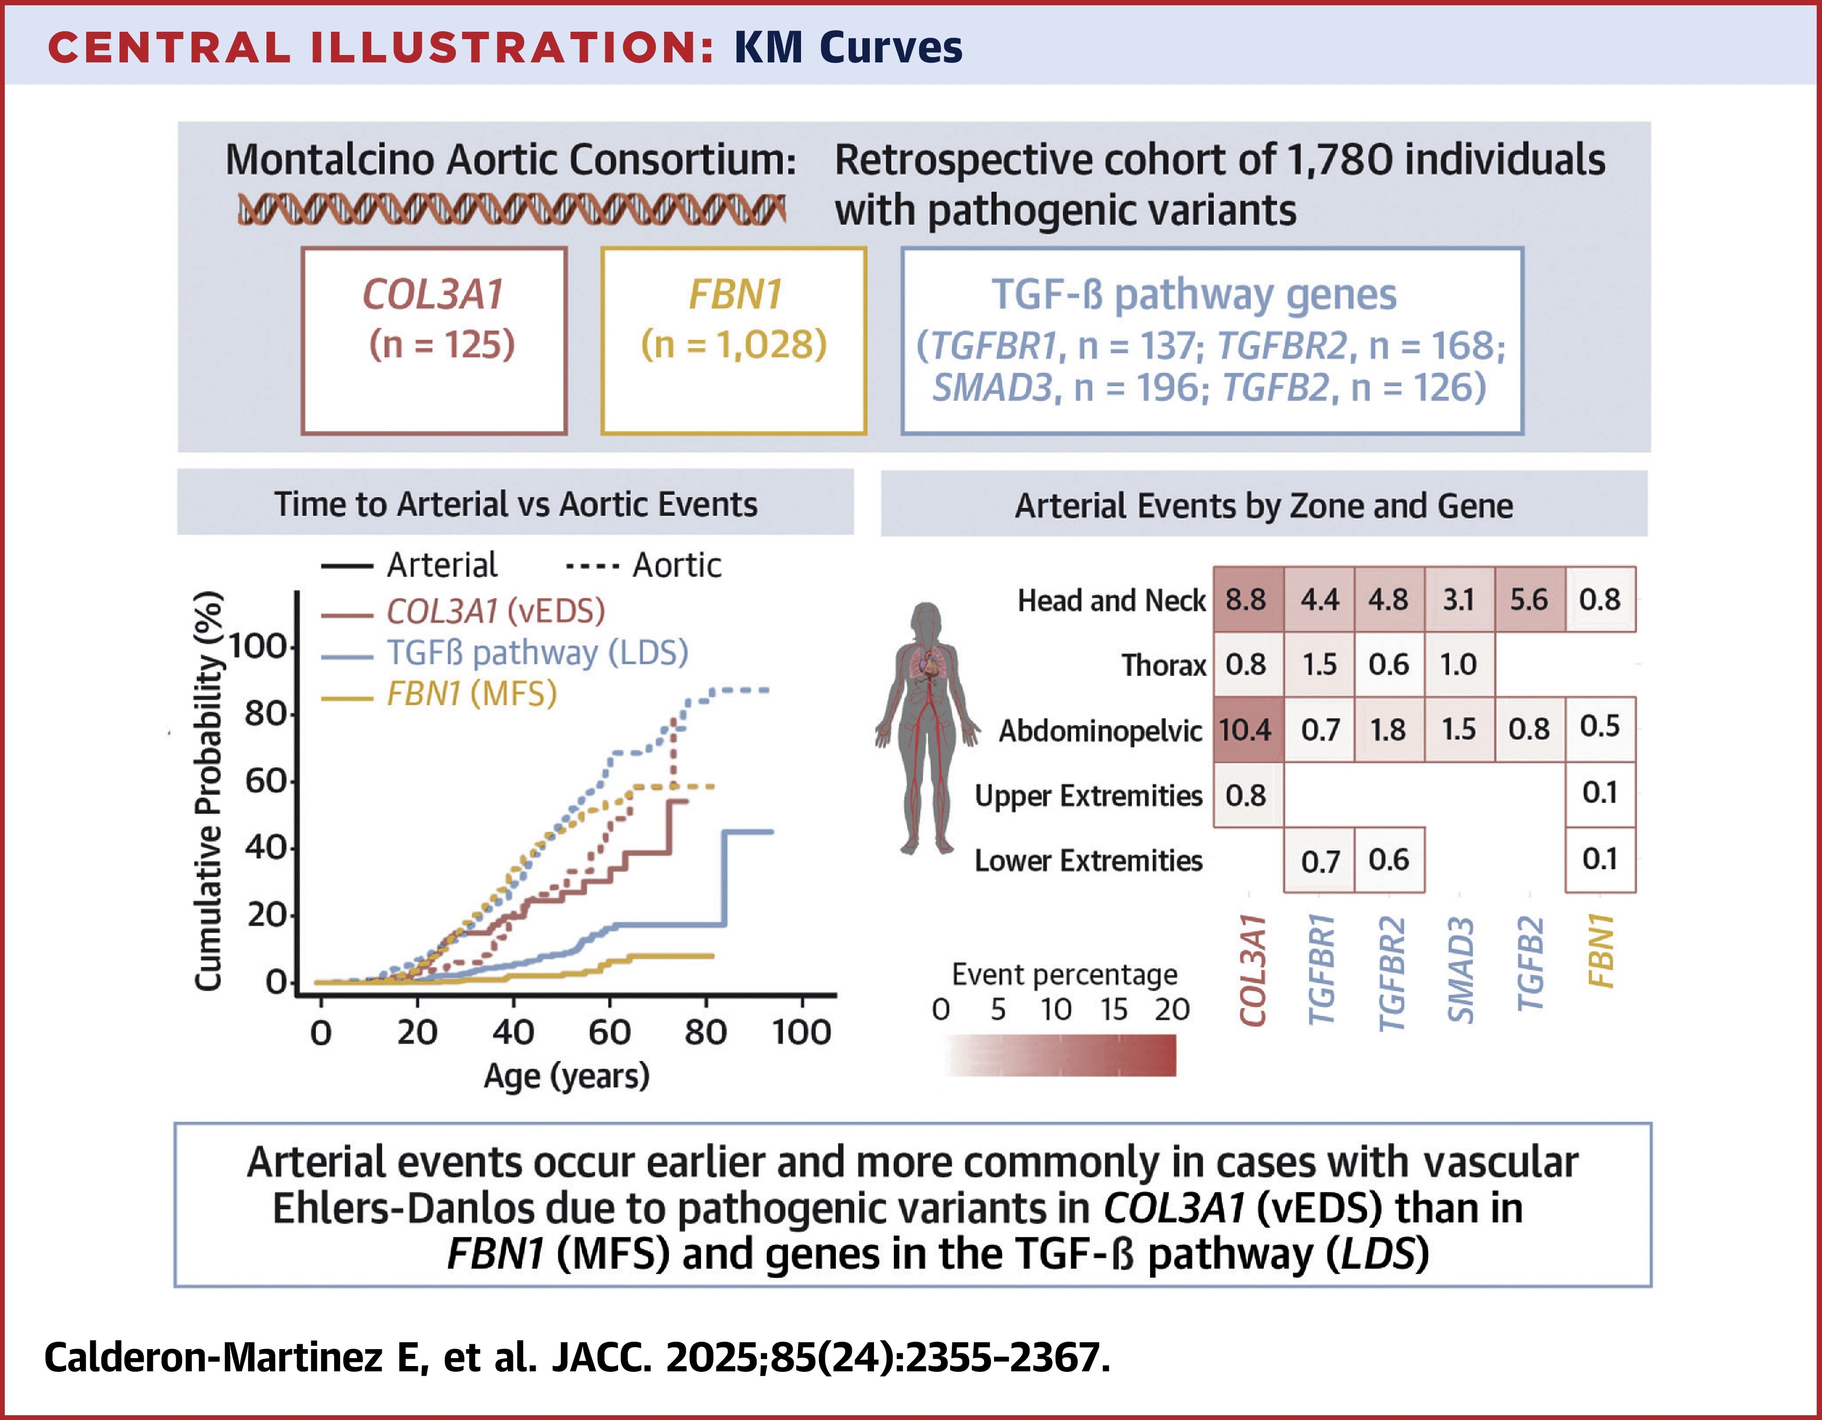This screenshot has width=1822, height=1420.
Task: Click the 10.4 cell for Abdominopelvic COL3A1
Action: point(1246,730)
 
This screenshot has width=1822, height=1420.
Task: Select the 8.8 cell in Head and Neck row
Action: point(1246,600)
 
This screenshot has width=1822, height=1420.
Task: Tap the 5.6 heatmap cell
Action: point(1529,600)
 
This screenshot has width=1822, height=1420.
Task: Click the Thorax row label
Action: point(1163,665)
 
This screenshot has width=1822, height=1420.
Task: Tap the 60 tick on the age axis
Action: point(609,1033)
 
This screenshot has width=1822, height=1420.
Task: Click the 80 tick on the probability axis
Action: point(265,714)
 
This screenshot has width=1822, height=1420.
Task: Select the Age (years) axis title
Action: point(566,1076)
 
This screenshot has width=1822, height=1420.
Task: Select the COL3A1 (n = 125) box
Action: point(434,341)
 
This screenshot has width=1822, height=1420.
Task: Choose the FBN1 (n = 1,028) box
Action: point(733,341)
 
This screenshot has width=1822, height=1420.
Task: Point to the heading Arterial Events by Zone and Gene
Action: point(1263,506)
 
